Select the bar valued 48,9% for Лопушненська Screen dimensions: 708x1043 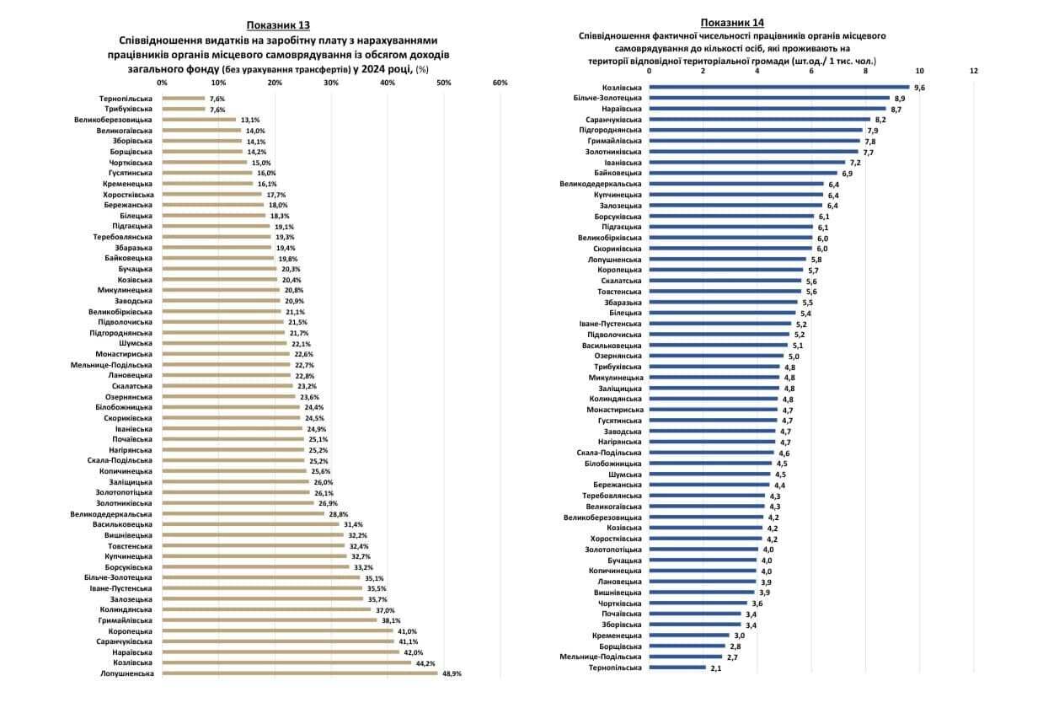[299, 673]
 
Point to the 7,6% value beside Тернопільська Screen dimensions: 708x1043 [217, 99]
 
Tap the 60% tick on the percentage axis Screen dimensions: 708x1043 [500, 83]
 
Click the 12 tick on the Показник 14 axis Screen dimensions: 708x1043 [974, 71]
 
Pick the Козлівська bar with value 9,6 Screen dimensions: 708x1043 [779, 87]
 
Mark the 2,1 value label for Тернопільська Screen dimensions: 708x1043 [716, 668]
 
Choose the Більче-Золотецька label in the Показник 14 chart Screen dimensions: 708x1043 [610, 98]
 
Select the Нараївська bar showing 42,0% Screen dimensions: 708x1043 [281, 652]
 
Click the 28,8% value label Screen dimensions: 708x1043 [338, 513]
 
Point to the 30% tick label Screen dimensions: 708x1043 [331, 83]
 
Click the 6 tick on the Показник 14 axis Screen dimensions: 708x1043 [811, 71]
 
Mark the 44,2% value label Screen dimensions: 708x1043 [425, 662]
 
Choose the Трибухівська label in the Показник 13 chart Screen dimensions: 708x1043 [128, 109]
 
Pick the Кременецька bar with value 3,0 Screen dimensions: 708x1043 [689, 636]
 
